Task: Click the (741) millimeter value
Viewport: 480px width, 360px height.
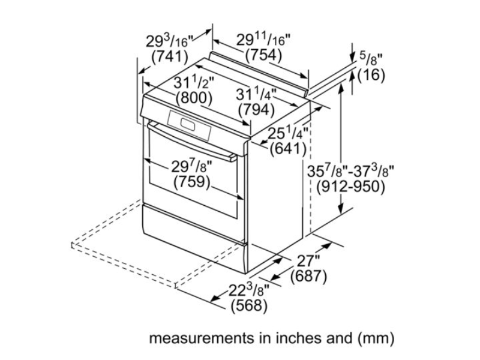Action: click(x=170, y=56)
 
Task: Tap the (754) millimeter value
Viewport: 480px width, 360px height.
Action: click(x=263, y=55)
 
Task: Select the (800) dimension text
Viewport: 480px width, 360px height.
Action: click(x=194, y=98)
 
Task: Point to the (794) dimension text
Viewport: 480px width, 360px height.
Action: click(x=257, y=109)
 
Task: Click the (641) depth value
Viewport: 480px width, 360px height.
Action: click(x=288, y=149)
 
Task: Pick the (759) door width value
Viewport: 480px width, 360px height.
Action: click(x=192, y=182)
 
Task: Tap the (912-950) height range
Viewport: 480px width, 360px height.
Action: click(x=350, y=187)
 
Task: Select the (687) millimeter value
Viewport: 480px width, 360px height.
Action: click(x=308, y=276)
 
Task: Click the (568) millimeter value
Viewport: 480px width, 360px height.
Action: click(x=249, y=305)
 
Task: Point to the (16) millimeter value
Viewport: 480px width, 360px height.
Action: click(x=371, y=74)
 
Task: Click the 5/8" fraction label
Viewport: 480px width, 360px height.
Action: click(x=371, y=58)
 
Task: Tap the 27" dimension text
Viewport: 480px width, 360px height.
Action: click(x=308, y=261)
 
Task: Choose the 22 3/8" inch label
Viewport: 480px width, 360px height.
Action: click(x=249, y=290)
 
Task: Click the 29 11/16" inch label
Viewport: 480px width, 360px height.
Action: click(x=263, y=40)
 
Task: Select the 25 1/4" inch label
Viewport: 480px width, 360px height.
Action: click(x=288, y=133)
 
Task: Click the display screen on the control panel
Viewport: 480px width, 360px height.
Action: click(x=188, y=124)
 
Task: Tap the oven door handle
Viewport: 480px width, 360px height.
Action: click(x=192, y=142)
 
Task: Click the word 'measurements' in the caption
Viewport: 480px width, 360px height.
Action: click(x=202, y=338)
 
